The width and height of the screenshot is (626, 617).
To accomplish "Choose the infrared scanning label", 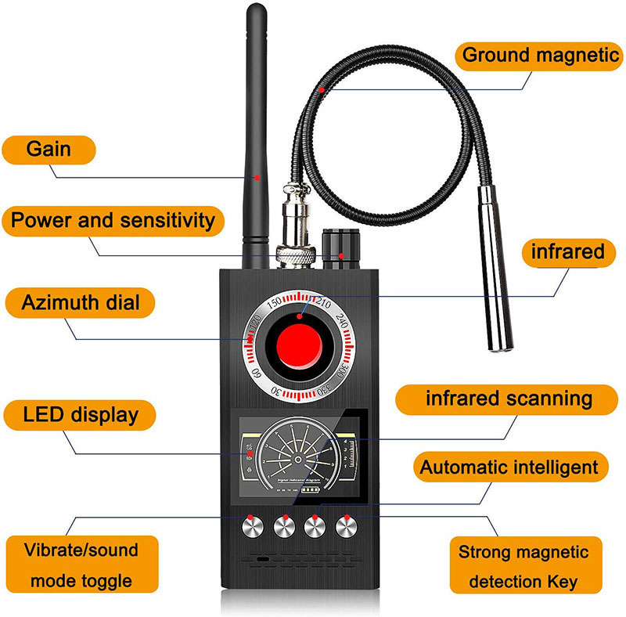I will coord(509,399).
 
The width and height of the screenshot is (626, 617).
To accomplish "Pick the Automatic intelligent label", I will coord(509,468).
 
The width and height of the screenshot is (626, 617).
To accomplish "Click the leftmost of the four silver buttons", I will coord(252,527).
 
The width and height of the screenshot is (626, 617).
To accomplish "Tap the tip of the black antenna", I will coord(254,9).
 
